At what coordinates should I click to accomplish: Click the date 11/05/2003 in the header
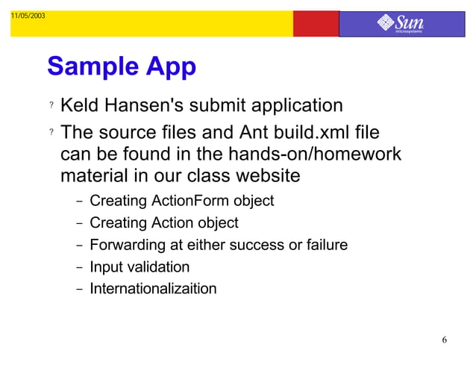click(27, 16)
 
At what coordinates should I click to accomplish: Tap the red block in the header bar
click(316, 24)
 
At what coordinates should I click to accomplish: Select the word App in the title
click(170, 68)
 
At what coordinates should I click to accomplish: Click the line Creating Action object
click(163, 222)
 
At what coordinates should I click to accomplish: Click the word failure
click(323, 245)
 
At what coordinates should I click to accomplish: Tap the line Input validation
click(140, 266)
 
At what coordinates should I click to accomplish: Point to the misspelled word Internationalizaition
click(153, 288)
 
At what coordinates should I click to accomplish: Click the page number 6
click(445, 341)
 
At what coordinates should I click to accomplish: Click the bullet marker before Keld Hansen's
click(51, 107)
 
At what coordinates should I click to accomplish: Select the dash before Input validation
click(78, 267)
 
